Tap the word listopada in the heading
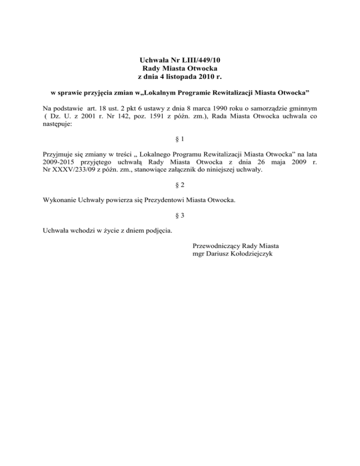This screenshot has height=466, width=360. point(187,76)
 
